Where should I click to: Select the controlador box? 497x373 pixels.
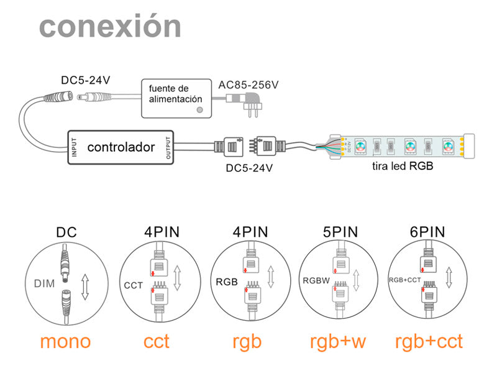click(121, 147)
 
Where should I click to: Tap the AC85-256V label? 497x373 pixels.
click(248, 84)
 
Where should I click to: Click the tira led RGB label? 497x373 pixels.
click(403, 166)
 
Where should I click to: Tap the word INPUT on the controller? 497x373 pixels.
click(75, 147)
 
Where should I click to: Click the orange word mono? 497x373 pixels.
click(65, 341)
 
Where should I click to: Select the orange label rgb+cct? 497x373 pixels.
click(429, 341)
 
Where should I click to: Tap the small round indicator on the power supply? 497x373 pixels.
click(199, 110)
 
